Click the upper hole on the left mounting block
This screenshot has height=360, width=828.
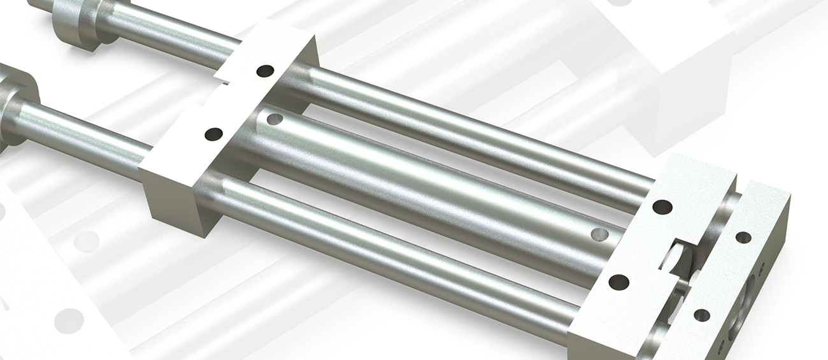(x=266, y=70)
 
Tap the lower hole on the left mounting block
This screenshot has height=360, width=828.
(x=214, y=134)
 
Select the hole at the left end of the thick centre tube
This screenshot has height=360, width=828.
(x=275, y=119)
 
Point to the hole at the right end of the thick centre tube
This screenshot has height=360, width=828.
(x=599, y=234)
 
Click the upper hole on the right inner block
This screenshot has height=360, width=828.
(x=662, y=207)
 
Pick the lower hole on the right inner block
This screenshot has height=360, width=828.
(x=618, y=282)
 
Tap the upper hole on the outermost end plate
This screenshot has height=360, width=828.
(x=743, y=237)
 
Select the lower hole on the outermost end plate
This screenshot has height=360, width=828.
(x=702, y=315)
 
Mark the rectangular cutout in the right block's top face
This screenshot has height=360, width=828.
(x=675, y=255)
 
